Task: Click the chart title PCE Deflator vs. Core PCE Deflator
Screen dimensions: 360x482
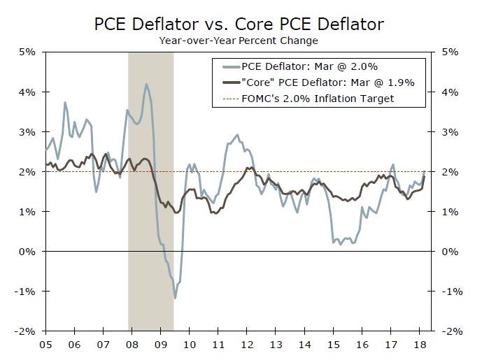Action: coord(239,24)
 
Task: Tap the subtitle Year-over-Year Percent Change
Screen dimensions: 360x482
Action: coord(239,41)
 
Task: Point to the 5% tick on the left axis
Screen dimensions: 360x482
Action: coord(30,52)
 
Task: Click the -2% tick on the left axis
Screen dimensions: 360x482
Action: coord(28,331)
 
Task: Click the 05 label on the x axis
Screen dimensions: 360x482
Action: coord(45,344)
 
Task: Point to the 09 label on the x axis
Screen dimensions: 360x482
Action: coord(160,344)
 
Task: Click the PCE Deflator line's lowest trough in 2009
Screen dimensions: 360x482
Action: coord(175,298)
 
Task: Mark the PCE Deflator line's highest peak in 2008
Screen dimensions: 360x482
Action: coord(146,85)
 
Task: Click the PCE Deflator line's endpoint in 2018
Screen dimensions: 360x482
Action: coord(425,171)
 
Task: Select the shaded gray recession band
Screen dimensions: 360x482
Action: coord(150,210)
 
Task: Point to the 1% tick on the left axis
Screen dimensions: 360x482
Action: coord(30,211)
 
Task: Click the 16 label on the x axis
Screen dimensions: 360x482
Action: coord(361,344)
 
